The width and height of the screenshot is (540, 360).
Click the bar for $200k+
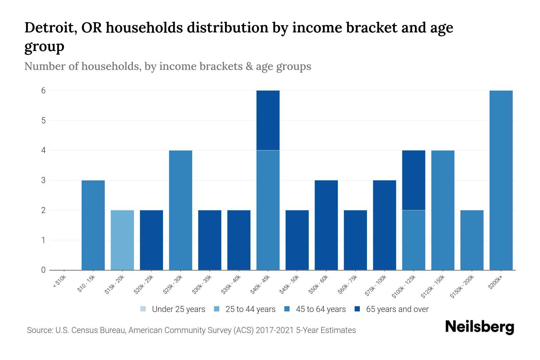coord(501,180)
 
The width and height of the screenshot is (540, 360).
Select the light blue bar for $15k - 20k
coord(122,240)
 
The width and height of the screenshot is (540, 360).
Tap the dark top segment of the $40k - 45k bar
coord(268,120)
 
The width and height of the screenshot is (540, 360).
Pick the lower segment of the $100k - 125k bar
coord(413,240)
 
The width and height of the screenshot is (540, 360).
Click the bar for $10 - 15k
coord(93,225)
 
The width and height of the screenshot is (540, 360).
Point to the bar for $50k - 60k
coord(326,225)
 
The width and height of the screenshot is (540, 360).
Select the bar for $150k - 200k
coord(472,240)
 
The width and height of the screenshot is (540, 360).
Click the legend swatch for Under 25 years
coord(143,309)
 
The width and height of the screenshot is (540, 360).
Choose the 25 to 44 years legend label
coord(250,309)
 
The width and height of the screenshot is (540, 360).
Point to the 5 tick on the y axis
coord(43,120)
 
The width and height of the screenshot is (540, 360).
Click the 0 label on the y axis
coord(43,270)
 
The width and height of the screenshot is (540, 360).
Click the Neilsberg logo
coord(479,327)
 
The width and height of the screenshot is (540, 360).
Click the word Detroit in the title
coord(48,28)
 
